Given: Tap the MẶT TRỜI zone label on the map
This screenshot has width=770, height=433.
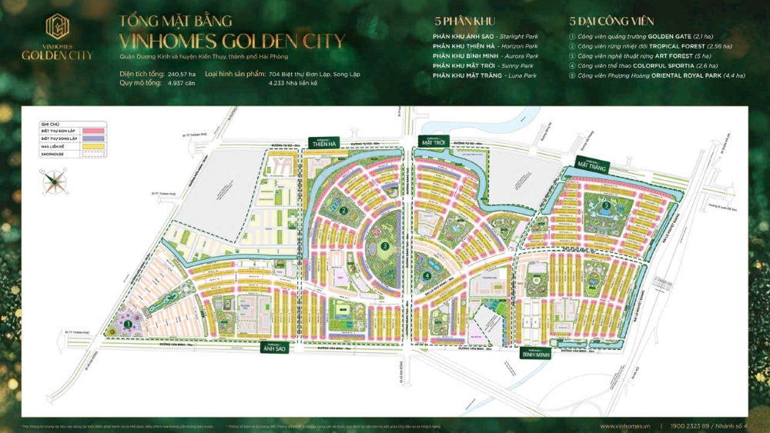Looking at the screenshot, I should (x=435, y=142).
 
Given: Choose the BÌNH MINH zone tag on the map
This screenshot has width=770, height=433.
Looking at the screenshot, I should (x=535, y=355).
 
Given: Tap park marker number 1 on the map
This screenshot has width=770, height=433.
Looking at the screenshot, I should (x=126, y=325).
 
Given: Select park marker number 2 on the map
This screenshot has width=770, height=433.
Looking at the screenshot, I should (x=345, y=209).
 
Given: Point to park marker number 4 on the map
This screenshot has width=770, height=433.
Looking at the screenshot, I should (x=427, y=276).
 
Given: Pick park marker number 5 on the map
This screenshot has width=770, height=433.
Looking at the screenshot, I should (x=607, y=205).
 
